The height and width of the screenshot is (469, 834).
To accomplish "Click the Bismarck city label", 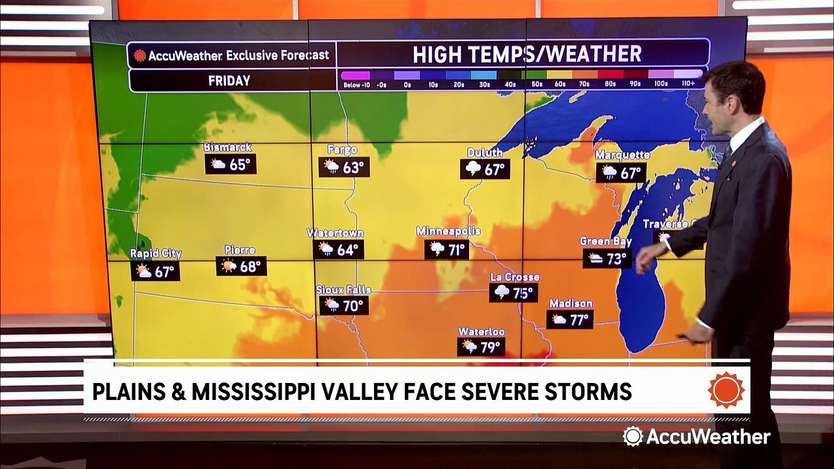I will pyautogui.click(x=227, y=147).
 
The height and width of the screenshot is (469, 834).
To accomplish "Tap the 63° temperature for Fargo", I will pyautogui.click(x=353, y=167).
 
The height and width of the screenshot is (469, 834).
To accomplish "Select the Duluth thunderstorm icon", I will pyautogui.click(x=473, y=169).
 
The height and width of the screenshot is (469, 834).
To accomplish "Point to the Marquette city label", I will pyautogui.click(x=622, y=155).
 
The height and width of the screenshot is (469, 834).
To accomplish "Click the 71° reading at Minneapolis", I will pyautogui.click(x=456, y=249).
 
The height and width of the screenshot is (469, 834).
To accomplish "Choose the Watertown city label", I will pyautogui.click(x=336, y=233).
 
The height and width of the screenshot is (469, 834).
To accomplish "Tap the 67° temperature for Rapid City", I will pyautogui.click(x=164, y=272).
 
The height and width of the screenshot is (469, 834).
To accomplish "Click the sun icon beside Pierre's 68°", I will pyautogui.click(x=228, y=266).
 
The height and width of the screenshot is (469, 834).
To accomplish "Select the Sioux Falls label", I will pyautogui.click(x=343, y=290).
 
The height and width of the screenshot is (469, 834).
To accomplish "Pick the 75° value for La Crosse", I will pyautogui.click(x=523, y=293).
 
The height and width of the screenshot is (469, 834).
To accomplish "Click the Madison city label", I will pyautogui.click(x=571, y=304).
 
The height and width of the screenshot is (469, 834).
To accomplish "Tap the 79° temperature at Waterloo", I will pyautogui.click(x=490, y=347).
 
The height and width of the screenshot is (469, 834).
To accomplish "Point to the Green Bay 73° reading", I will pyautogui.click(x=616, y=259).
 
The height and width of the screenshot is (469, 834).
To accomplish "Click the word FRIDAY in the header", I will pyautogui.click(x=229, y=81).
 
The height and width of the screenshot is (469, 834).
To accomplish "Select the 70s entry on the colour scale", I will pyautogui.click(x=584, y=84).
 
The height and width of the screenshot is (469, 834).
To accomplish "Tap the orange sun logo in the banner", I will pyautogui.click(x=726, y=390).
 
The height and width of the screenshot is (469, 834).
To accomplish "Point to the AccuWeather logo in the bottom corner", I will pyautogui.click(x=696, y=436).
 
